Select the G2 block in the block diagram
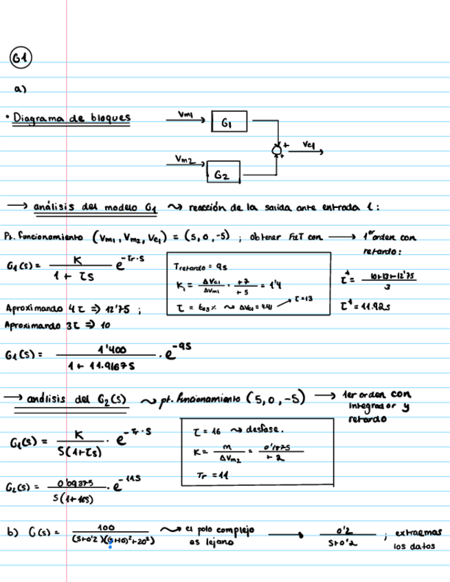click(x=221, y=174)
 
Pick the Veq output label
click(x=308, y=144)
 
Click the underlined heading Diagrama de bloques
click(x=71, y=118)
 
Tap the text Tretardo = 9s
click(x=197, y=268)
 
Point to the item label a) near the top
click(x=20, y=89)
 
